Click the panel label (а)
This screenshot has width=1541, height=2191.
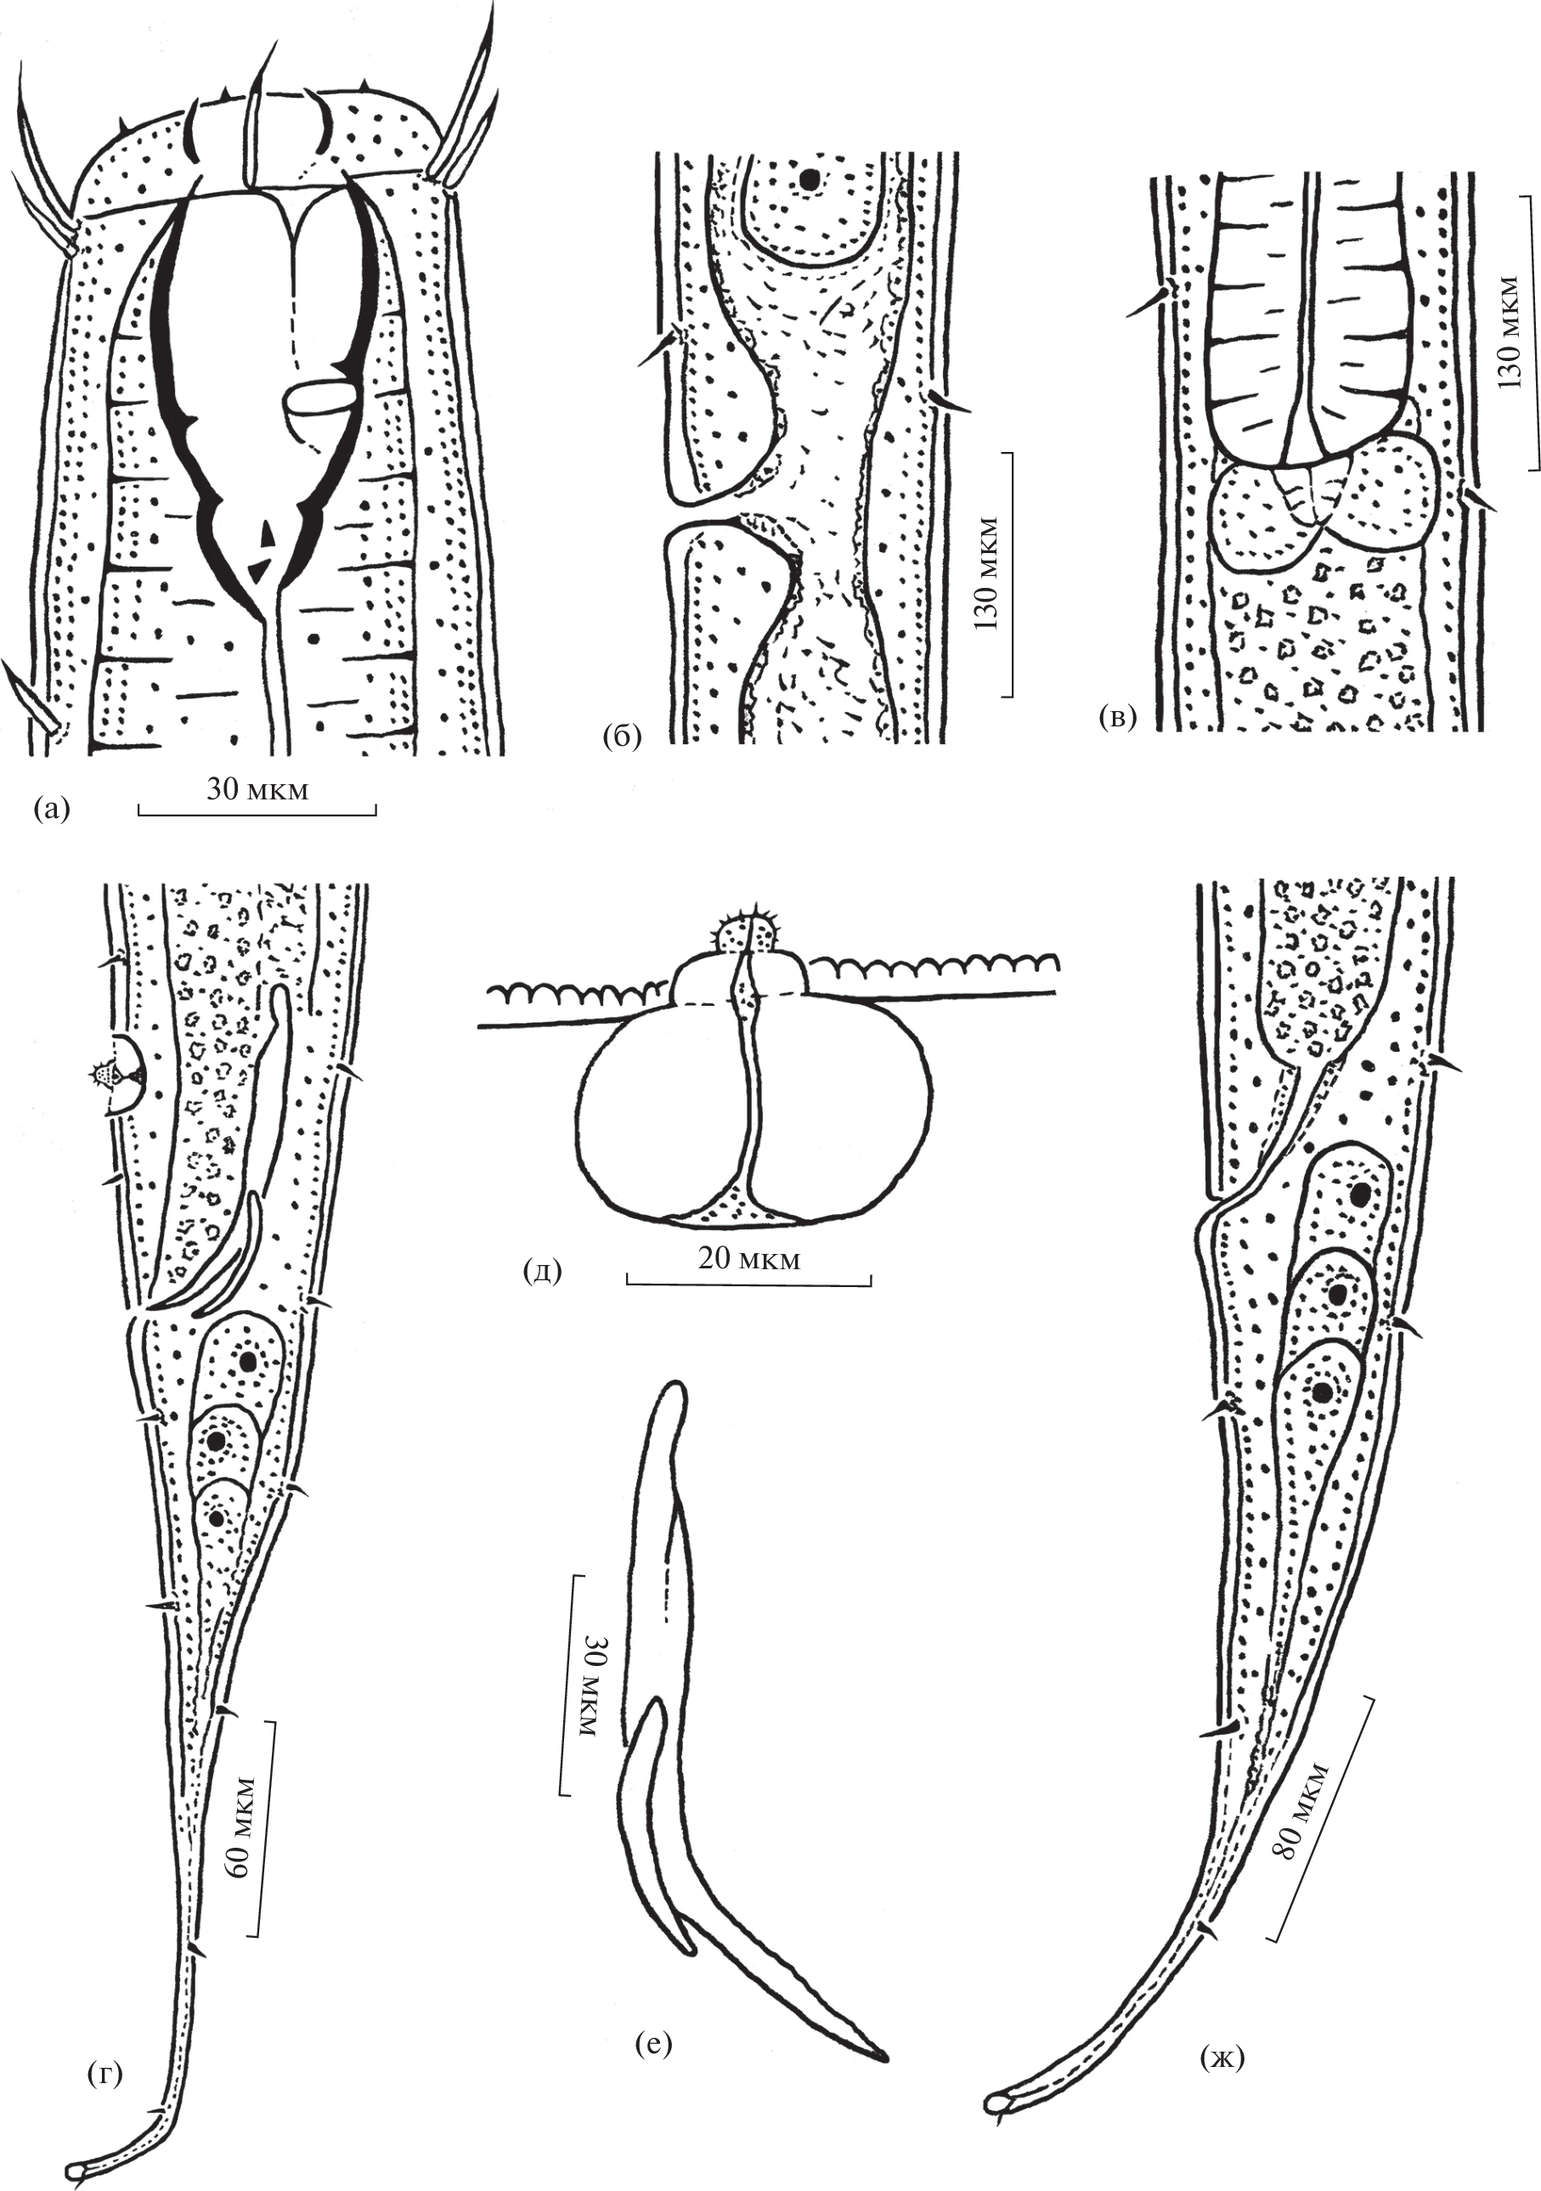pyautogui.click(x=52, y=810)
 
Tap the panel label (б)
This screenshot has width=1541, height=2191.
pyautogui.click(x=621, y=736)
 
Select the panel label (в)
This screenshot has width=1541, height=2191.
pyautogui.click(x=1117, y=719)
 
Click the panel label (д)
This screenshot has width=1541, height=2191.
pyautogui.click(x=542, y=1270)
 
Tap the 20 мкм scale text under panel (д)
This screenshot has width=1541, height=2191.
pyautogui.click(x=749, y=1259)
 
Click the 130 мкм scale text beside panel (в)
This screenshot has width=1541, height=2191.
pyautogui.click(x=1511, y=332)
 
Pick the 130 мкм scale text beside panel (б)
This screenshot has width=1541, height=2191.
pyautogui.click(x=986, y=573)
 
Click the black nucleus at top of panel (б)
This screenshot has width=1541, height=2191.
pyautogui.click(x=810, y=178)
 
